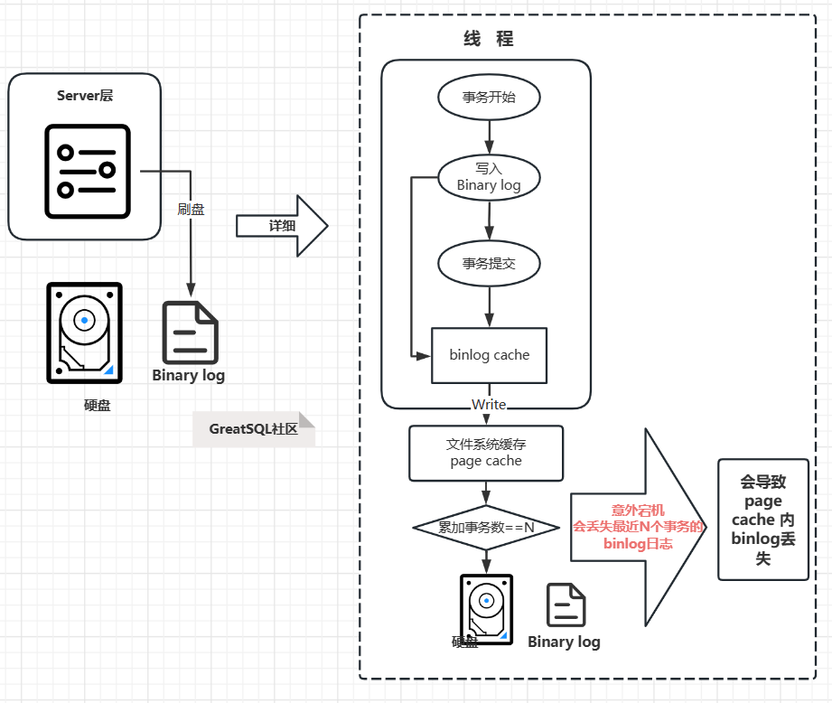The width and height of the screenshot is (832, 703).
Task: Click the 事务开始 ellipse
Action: (x=489, y=98)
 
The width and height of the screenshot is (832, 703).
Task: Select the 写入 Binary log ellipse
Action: (x=489, y=176)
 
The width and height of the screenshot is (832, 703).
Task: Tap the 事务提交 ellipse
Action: (x=489, y=264)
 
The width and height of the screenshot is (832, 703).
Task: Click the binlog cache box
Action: (x=489, y=355)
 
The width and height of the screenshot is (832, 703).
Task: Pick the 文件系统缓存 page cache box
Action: (x=486, y=453)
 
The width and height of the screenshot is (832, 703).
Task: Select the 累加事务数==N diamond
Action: (x=486, y=527)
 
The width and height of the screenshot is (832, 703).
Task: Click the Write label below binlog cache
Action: (x=489, y=404)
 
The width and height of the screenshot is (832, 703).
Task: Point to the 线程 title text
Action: (x=489, y=40)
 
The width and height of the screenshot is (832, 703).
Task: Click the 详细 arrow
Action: (x=282, y=225)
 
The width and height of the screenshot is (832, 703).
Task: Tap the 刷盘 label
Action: (x=191, y=210)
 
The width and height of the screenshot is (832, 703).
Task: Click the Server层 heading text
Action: (x=85, y=96)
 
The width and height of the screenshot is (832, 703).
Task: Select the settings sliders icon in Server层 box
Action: (x=86, y=170)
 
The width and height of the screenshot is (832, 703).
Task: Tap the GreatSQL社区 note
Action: (x=254, y=429)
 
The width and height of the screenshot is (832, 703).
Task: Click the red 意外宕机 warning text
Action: (x=637, y=511)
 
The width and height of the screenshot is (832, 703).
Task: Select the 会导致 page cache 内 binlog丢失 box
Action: (x=762, y=520)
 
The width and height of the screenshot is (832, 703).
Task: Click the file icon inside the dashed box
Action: (x=566, y=605)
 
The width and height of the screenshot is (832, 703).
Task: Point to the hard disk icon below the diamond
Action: (x=486, y=608)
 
